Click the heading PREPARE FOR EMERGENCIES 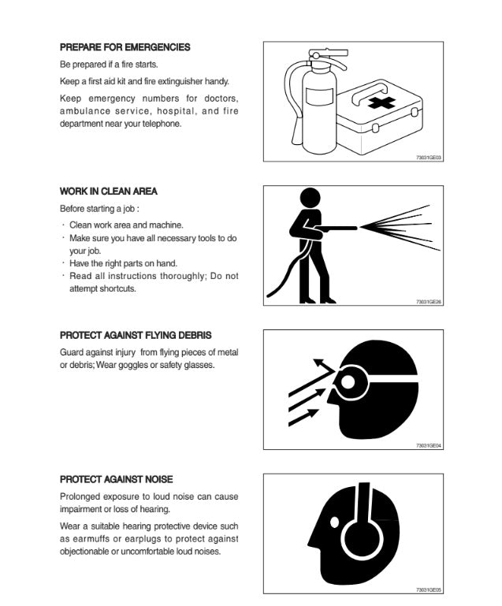click(125, 47)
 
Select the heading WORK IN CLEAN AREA click(108, 191)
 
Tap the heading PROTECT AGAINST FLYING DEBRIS click(136, 335)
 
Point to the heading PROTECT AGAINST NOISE click(117, 479)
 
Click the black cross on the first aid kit click(381, 102)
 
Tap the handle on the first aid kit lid click(369, 92)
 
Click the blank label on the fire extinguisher click(319, 96)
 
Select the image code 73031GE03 click(429, 158)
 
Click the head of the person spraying click(310, 198)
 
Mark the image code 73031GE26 click(429, 302)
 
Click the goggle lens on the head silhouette click(348, 382)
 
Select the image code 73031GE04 click(429, 445)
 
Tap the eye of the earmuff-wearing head click(335, 522)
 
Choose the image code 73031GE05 click(429, 589)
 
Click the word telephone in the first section click(162, 124)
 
